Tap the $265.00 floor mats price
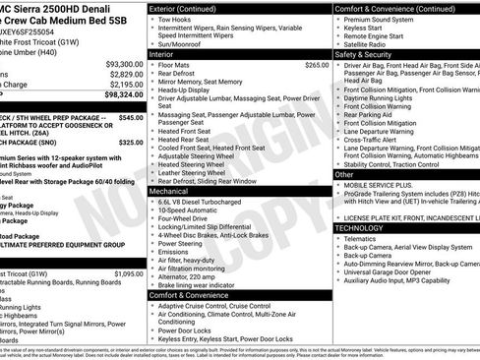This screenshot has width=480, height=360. coord(317,65)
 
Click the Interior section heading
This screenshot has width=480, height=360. coord(162,54)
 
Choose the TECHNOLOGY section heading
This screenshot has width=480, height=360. coord(360,227)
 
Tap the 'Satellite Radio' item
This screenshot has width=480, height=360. coord(370,44)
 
